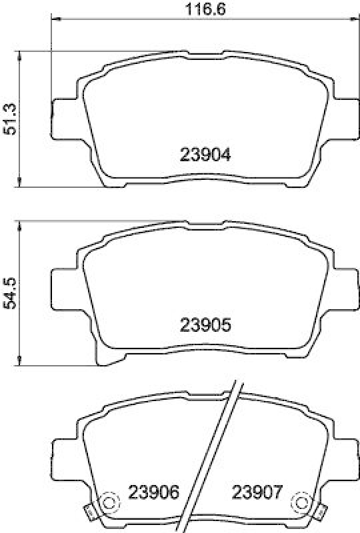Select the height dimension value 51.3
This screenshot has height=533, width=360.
point(10,117)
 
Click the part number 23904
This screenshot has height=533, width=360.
point(205,155)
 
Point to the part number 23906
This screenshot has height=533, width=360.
point(154,493)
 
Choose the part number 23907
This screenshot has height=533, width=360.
point(257,493)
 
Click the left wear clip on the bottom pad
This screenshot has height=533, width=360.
point(87,512)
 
